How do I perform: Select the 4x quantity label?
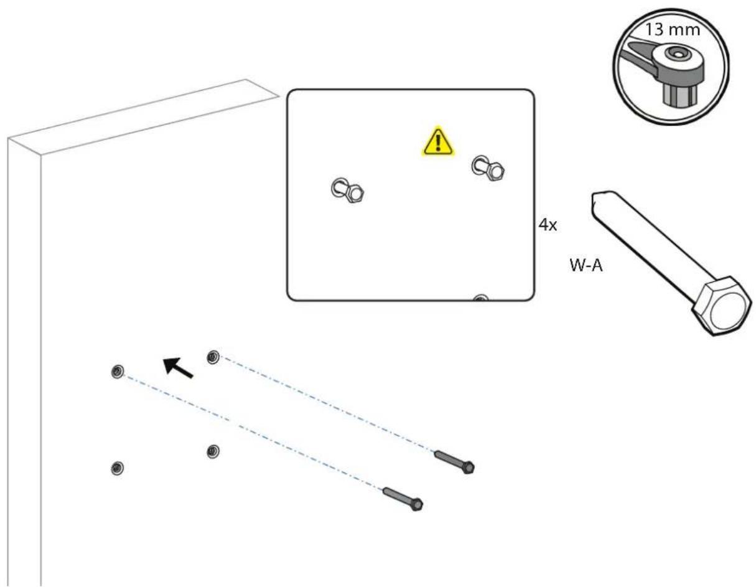548,225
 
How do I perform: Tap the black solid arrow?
179,367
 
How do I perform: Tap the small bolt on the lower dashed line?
403,499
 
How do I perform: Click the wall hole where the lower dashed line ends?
116,372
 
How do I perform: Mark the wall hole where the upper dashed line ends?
213,357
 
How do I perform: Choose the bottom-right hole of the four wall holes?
213,451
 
